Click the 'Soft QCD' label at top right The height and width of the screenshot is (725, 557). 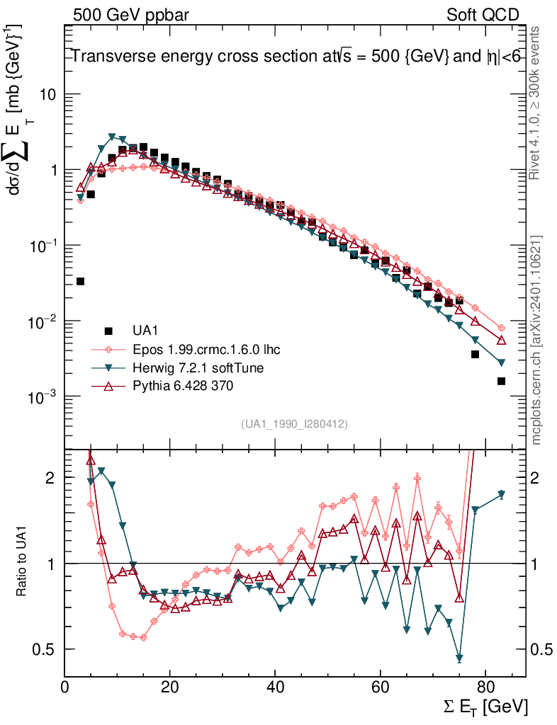[x=483, y=15]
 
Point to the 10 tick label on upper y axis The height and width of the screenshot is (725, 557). [x=46, y=95]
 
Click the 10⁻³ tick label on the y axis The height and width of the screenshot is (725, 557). [x=40, y=396]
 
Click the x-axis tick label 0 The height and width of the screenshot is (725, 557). [x=65, y=687]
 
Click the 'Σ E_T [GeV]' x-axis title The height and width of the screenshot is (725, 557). [x=483, y=706]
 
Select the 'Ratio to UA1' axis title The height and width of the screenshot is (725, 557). [x=21, y=563]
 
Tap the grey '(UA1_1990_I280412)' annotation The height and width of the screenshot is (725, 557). [x=294, y=423]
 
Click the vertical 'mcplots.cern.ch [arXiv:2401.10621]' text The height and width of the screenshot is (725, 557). [x=537, y=340]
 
